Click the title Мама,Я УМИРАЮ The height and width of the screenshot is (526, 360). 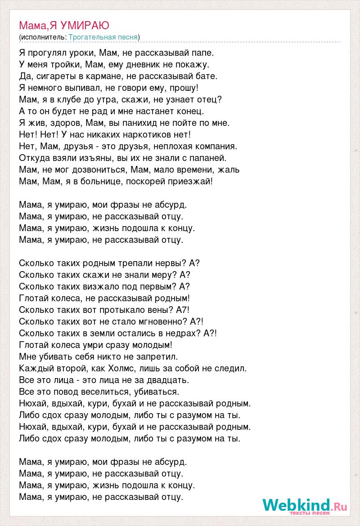64,25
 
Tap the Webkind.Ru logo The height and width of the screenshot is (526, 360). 305,506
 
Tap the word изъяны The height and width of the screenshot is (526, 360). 95,158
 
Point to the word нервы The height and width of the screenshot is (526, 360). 161,263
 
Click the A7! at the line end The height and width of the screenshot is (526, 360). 183,310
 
